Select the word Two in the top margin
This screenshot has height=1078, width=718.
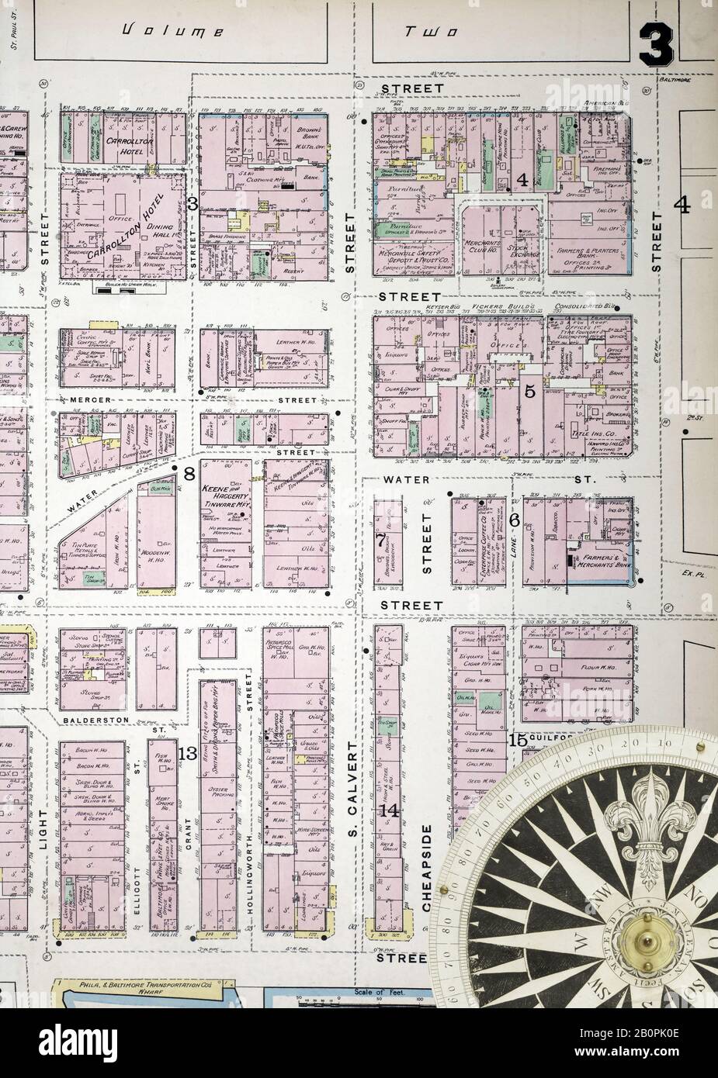[430, 33]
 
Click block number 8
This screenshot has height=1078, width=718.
[189, 473]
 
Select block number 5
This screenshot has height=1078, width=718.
[530, 391]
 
